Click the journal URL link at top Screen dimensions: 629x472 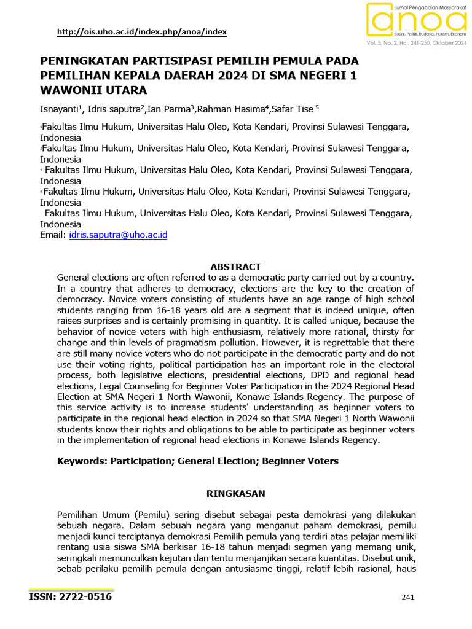coord(141,32)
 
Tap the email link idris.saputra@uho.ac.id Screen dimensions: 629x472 coord(119,235)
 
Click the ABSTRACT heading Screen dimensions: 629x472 coord(235,267)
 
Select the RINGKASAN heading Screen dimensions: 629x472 coord(235,493)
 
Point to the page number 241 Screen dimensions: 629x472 coord(409,598)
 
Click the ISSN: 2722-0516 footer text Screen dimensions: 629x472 coord(71,596)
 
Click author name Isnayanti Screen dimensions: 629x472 coord(59,109)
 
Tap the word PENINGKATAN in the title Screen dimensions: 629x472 coord(79,61)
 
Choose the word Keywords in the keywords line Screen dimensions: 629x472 coord(80,460)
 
